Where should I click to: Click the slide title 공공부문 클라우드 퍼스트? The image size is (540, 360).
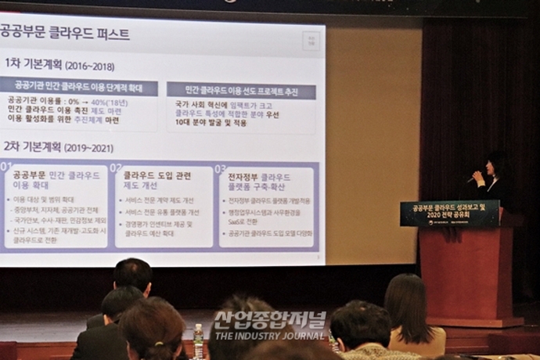coord(64,34)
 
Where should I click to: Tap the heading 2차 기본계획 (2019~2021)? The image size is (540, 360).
coord(59,148)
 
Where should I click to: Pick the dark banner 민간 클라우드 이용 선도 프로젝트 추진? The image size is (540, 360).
coord(241,91)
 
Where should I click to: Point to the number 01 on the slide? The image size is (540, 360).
coord(6,167)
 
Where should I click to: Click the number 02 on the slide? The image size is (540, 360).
coord(116,167)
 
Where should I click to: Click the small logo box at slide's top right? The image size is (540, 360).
coord(311,41)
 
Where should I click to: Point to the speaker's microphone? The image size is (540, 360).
coord(473,178)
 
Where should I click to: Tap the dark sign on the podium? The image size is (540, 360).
coord(449,213)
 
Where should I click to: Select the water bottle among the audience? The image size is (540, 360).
coord(199,341)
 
